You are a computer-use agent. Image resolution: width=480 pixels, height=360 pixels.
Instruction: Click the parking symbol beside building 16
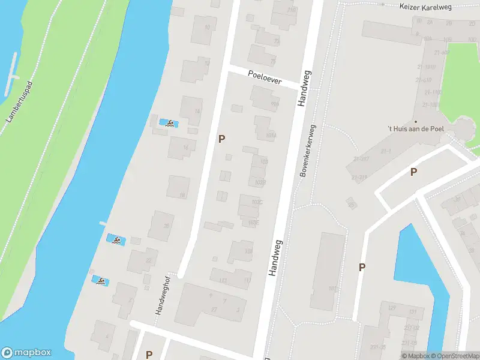[222, 139]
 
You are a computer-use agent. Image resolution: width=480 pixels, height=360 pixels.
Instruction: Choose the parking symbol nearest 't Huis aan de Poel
[413, 172]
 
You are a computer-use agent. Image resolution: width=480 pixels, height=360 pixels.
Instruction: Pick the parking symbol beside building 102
[362, 267]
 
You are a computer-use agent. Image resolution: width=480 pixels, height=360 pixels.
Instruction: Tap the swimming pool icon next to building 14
[170, 124]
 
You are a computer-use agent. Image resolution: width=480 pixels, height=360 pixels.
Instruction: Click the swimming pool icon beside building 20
[115, 241]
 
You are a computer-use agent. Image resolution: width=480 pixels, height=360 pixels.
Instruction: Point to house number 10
[208, 28]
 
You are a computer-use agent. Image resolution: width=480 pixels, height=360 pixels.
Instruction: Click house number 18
[182, 195]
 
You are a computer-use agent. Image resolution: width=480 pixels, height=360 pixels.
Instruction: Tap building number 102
[332, 289]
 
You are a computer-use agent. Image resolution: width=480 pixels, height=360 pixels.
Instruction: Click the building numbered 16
[185, 147]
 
